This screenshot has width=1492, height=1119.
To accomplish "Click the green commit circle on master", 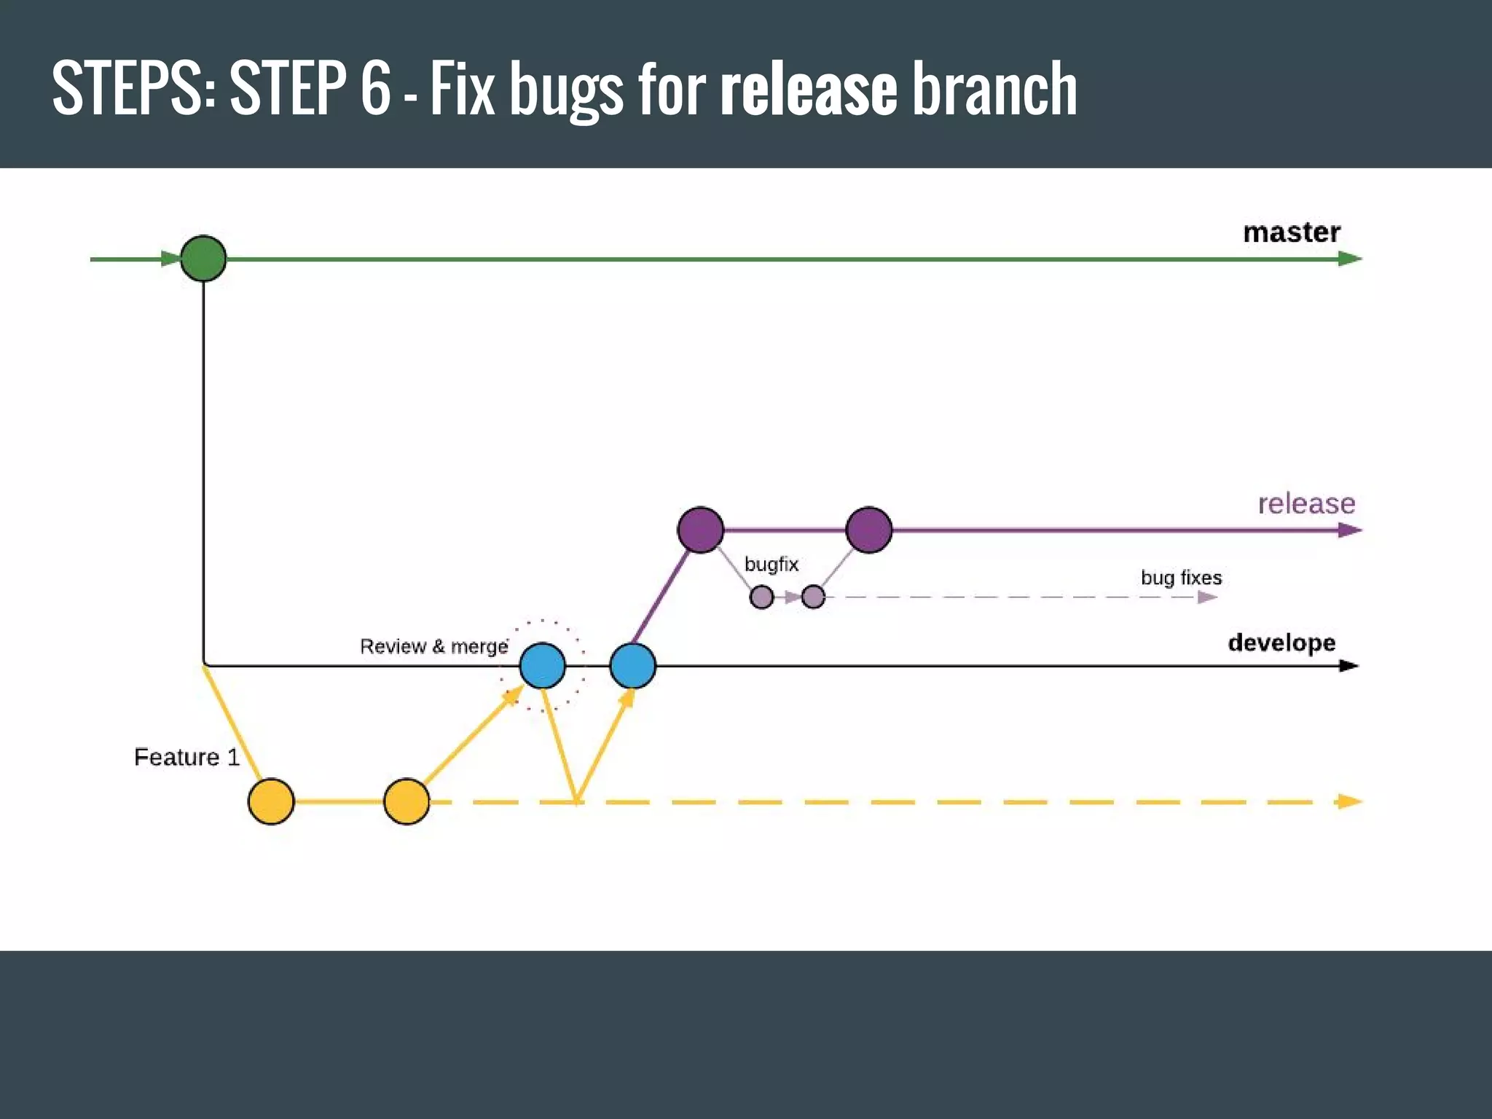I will coord(203,259).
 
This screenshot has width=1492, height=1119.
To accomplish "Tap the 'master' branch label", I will coord(1292,232).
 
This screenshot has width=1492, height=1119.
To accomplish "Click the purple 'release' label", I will coord(1306,503).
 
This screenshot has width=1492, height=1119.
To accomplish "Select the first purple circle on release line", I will coord(700,530).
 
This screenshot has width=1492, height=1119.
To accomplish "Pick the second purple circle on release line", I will coord(868,530).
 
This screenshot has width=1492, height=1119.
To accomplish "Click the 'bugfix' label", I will coord(771,565).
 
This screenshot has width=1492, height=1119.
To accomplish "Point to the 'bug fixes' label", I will coord(1181,578).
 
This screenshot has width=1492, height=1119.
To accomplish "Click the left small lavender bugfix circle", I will coord(761,597).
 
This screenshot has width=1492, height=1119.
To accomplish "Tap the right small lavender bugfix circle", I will coord(813,597).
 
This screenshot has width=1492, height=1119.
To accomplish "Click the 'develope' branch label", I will coord(1281,643).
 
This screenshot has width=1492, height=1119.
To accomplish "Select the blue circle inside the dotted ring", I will coord(543,666).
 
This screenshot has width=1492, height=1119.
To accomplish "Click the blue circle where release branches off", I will coord(632,666).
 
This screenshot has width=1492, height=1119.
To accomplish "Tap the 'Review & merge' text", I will coord(434,646).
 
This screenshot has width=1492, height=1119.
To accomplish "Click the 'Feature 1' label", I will coord(186,758).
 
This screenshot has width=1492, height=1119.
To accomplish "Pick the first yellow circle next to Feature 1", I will coord(271,801).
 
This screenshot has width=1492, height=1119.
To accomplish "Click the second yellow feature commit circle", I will coord(407,801).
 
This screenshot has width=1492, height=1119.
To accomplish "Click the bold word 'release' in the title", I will coord(808,89).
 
